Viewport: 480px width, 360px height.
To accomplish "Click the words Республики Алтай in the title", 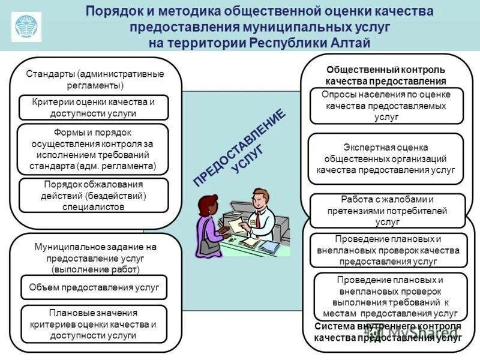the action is point(316,43).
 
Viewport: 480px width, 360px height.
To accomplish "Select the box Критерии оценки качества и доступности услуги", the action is point(94,107).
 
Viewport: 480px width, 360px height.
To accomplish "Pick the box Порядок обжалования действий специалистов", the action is point(94,195).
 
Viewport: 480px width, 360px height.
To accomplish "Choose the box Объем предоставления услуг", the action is point(94,287).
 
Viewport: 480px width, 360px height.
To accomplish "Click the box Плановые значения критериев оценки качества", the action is point(94,325).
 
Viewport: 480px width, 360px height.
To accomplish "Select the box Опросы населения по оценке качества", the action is point(386,106).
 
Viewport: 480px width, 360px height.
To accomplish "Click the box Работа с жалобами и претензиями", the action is point(387,210).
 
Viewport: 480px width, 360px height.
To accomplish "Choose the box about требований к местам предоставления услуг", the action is point(391,296).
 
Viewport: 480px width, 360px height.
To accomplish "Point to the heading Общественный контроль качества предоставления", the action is point(386,75).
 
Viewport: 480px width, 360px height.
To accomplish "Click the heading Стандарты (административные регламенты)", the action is point(95,79).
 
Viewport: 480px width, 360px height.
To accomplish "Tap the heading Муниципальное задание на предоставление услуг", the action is point(95,258).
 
